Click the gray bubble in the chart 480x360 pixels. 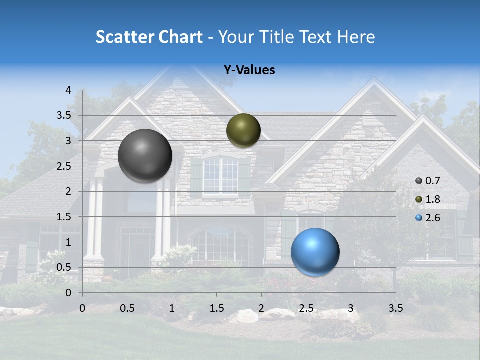pyautogui.click(x=145, y=155)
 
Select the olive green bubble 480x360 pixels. pyautogui.click(x=243, y=130)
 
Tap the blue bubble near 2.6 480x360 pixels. pyautogui.click(x=315, y=252)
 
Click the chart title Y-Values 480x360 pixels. pyautogui.click(x=249, y=70)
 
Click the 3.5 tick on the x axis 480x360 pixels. pyautogui.click(x=395, y=308)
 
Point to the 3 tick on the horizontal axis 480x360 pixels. pyautogui.click(x=350, y=308)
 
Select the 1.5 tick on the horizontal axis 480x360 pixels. pyautogui.click(x=216, y=308)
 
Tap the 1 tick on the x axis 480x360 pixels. pyautogui.click(x=172, y=308)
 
